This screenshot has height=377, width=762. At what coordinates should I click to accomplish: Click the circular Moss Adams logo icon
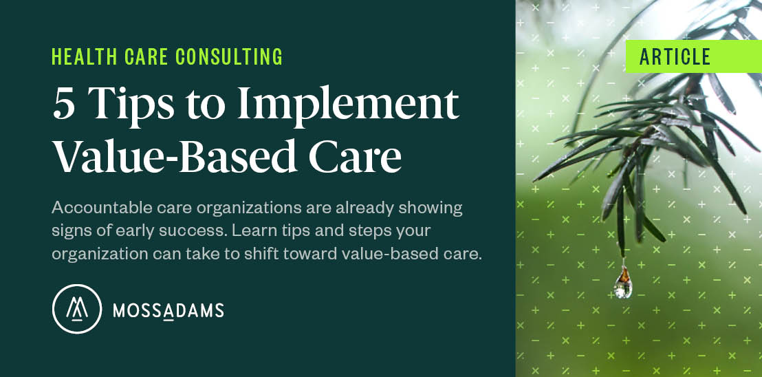coord(76,309)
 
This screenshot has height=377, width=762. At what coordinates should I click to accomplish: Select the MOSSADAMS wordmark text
coord(168,311)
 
